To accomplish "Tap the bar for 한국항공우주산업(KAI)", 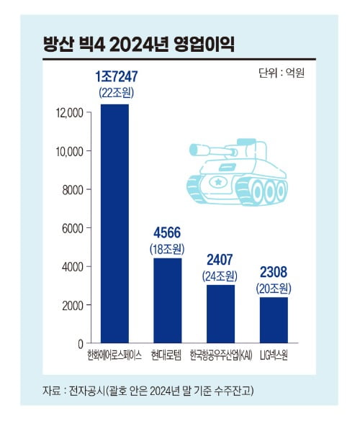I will point(220,314).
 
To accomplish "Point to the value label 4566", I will point(167,234).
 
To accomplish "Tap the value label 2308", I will point(274,273).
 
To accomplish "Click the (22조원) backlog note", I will point(116,93).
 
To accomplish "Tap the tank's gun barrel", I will point(205,150).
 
